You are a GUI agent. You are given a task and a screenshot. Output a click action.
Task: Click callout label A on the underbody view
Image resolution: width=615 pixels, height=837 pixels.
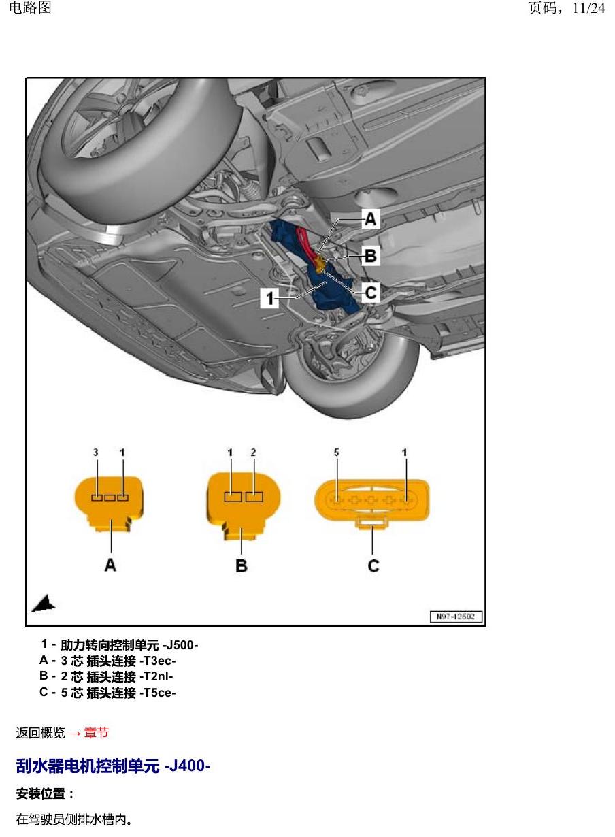(370, 219)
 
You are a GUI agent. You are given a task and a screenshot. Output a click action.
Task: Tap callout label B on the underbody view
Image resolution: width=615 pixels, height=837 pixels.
(371, 256)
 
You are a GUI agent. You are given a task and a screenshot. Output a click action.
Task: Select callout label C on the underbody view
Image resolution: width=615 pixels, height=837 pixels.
(371, 293)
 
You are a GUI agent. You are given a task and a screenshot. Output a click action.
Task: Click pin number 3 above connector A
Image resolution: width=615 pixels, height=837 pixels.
(96, 453)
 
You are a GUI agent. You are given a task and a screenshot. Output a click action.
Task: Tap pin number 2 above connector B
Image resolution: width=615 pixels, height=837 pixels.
(253, 453)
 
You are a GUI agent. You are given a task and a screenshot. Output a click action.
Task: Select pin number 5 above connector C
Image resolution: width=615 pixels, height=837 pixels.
(336, 453)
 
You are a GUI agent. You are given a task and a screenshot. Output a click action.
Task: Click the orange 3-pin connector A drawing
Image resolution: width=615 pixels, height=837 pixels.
(109, 503)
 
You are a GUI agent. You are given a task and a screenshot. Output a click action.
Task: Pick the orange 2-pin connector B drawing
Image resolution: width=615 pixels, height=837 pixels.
(244, 506)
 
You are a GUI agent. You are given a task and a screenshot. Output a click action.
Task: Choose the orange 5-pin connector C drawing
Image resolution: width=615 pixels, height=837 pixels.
(372, 503)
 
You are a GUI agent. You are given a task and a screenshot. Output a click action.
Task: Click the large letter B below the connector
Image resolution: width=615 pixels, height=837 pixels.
(242, 566)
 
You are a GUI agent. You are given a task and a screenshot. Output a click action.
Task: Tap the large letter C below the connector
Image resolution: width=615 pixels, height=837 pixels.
(373, 565)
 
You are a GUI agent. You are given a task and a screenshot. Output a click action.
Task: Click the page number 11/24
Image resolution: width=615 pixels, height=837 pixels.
(588, 8)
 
